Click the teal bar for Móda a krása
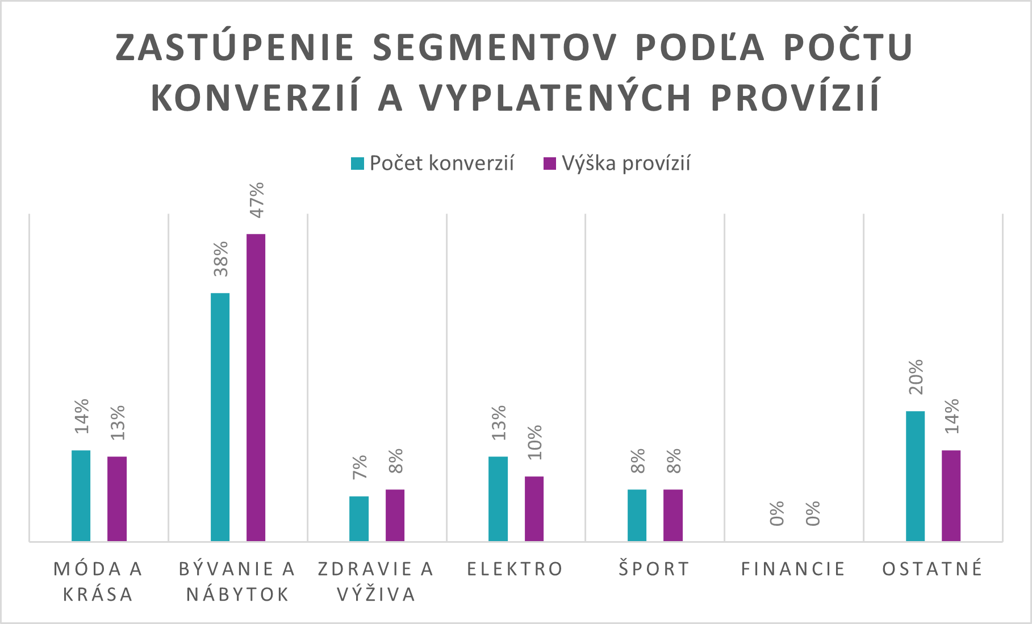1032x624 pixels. (81, 496)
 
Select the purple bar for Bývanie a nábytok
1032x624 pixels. (256, 387)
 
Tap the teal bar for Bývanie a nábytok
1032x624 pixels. (220, 417)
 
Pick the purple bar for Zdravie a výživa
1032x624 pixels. (395, 515)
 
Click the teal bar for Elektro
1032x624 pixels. (498, 499)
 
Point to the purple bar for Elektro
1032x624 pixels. (534, 509)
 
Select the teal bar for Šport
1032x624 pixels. (637, 515)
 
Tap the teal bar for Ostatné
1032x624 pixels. (915, 476)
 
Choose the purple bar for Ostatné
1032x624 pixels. (951, 496)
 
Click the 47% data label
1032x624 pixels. (257, 200)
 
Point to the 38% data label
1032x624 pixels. (220, 259)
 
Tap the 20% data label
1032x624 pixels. (916, 377)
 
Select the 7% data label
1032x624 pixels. (360, 467)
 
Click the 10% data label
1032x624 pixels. (534, 442)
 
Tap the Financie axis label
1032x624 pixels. (793, 569)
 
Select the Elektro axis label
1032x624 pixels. (515, 569)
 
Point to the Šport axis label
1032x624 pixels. (654, 569)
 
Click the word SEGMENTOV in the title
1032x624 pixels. (494, 48)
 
